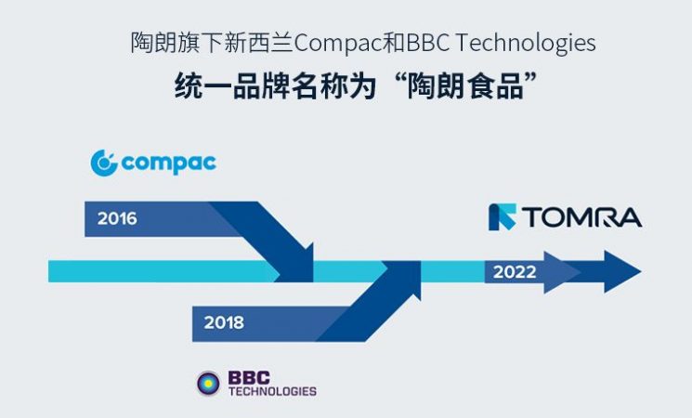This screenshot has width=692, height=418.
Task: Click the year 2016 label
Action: point(117,219)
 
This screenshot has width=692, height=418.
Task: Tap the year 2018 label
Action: point(224,323)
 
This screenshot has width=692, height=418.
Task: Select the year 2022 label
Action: point(515,271)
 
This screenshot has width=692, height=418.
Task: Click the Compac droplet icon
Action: point(104,163)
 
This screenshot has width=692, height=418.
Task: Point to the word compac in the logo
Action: point(168,164)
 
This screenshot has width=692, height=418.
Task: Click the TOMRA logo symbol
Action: point(503,216)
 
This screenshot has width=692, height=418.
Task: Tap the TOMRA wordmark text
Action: point(581,217)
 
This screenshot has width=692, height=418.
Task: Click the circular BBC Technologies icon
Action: point(208,383)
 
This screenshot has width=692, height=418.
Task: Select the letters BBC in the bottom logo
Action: point(251,377)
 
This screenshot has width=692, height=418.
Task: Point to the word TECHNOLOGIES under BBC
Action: point(272,391)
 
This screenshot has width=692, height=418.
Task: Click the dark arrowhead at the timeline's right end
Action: point(621,271)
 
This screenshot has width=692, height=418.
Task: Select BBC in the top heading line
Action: point(425,44)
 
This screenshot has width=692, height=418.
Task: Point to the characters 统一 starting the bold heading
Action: point(203,88)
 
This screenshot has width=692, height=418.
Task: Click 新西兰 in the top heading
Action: point(263,44)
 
